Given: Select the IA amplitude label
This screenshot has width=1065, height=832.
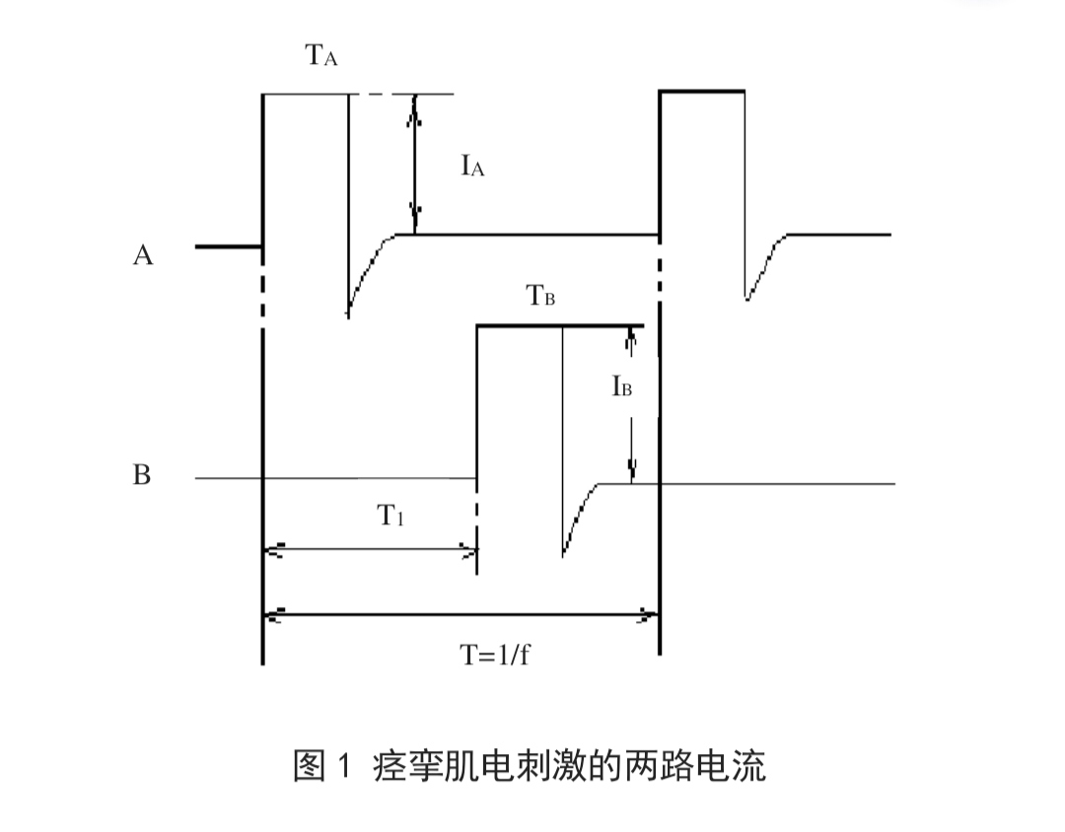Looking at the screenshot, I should coord(472,167).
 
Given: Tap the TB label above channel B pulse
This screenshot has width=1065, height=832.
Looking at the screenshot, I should coord(539,295).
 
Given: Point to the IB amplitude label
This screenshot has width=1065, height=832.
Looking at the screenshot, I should coord(621,386).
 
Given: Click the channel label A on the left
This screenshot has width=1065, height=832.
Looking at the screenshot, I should coord(143,255).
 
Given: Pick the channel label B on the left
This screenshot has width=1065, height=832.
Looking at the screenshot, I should coord(142,475).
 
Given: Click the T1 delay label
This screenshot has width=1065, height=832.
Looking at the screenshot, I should coord(392,516).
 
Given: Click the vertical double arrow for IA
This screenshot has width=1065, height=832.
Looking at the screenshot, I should coord(415,165).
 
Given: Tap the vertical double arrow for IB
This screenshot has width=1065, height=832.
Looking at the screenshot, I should coord(631,404).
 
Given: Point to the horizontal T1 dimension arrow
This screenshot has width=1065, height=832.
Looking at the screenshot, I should coord(371,550).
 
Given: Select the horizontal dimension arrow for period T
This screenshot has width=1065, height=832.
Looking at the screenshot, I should coord(461,616).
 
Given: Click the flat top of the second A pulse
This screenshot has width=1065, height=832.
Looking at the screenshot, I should coord(702,91).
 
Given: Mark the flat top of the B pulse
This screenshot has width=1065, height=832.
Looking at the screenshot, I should coord(559,325).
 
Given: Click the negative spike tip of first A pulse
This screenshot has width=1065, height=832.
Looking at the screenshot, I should coord(348,312).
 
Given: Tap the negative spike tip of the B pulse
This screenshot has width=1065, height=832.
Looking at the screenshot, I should coord(563,555).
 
